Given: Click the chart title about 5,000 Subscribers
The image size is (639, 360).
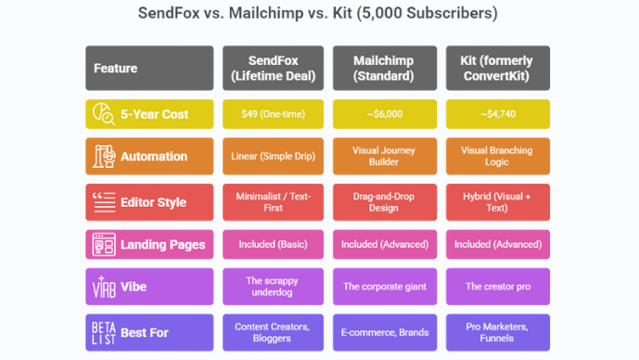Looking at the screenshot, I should pos(319,14).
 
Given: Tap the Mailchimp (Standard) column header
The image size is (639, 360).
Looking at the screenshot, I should pos(384,68).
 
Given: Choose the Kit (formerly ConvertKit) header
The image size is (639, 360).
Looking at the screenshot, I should pos(498,68).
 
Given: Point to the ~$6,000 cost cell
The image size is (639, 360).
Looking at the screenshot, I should pos(384,114).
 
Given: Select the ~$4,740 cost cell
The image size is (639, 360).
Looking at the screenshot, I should pos(498,114).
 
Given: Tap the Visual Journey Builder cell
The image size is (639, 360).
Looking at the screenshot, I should pos(384,156).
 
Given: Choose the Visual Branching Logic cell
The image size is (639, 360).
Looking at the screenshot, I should pos(498,156).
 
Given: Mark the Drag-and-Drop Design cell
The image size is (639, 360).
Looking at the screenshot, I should pos(384,201).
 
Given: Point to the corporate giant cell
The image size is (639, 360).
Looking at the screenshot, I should pos(384,287).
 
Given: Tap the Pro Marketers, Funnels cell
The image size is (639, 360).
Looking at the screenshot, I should pos(498,332).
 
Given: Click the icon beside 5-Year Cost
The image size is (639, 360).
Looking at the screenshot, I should pos(102,114).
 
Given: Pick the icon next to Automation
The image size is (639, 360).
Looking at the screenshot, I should pos(102,156).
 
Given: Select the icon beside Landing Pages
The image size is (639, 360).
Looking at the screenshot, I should pos(102,245).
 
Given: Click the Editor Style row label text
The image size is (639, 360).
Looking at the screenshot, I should pos(153,202).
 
